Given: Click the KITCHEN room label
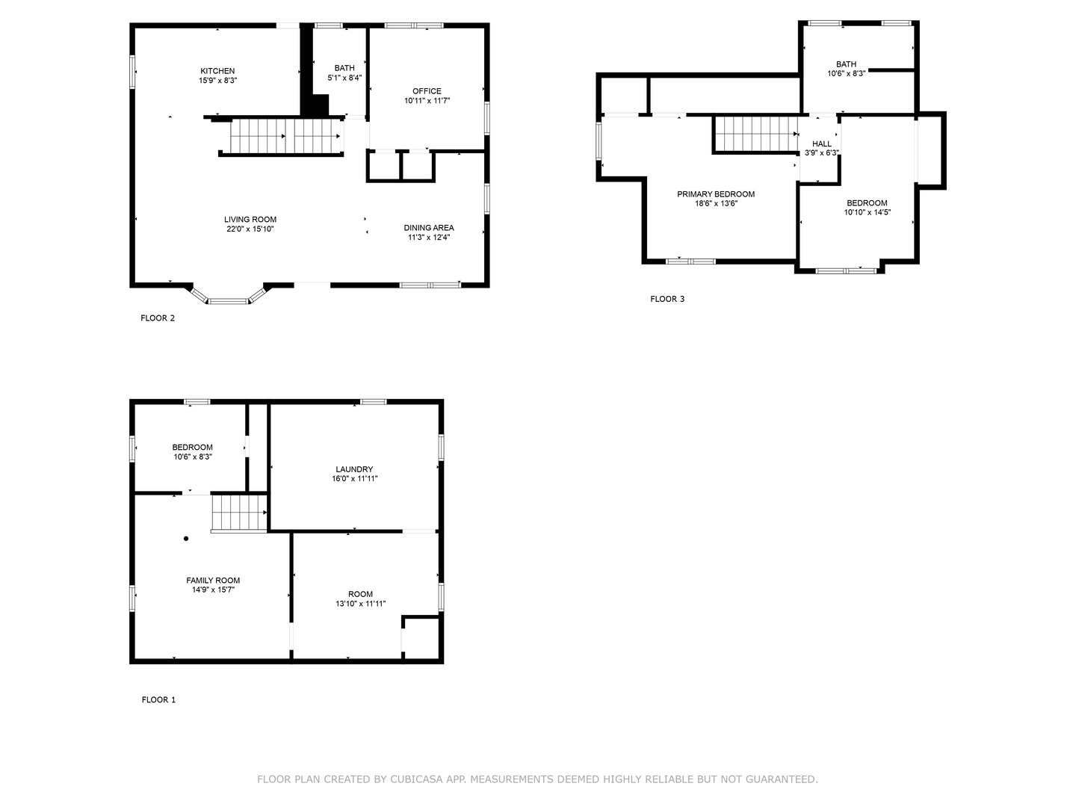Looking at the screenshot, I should coord(217,71).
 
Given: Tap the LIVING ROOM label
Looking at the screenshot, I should coord(250,220).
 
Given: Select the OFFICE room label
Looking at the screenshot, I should coord(427,91).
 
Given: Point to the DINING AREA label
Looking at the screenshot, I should coord(428,228).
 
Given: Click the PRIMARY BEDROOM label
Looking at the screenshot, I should coord(715,194).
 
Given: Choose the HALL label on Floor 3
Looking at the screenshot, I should coord(821,144).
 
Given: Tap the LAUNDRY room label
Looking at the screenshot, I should coord(354,469).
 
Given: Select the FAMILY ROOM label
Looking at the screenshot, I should coord(213,581).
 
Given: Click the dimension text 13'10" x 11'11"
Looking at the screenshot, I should coord(360,604).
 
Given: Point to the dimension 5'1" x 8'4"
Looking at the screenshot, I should coord(344,78).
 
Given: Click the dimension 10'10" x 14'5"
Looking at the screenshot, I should coord(867,212).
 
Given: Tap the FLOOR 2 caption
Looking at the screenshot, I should coord(158,318).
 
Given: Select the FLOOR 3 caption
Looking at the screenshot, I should coord(667,300).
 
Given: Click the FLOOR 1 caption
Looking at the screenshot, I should coord(158,700).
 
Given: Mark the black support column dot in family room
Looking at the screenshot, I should coord(186,538).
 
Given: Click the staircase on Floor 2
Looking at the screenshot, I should coord(284,136).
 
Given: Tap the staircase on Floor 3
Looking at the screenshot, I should coord(755,134).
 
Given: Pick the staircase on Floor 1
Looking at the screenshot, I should coord(238,513).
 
